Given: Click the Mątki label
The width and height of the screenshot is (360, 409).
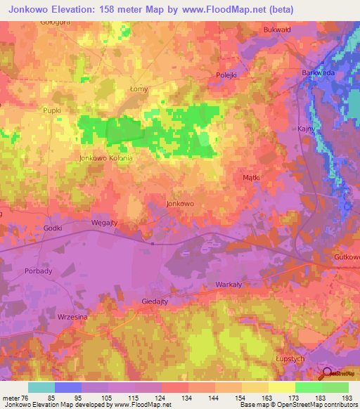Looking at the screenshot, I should (x=251, y=178).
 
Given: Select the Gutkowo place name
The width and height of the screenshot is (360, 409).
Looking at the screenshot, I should (x=347, y=257).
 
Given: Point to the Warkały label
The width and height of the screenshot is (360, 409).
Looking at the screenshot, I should (x=229, y=285).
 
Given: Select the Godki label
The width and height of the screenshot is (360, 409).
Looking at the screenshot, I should (x=53, y=228).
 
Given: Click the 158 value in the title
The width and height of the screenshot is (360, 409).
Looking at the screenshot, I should (x=123, y=9).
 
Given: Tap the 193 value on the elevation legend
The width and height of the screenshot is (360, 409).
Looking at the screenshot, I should (x=348, y=398).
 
